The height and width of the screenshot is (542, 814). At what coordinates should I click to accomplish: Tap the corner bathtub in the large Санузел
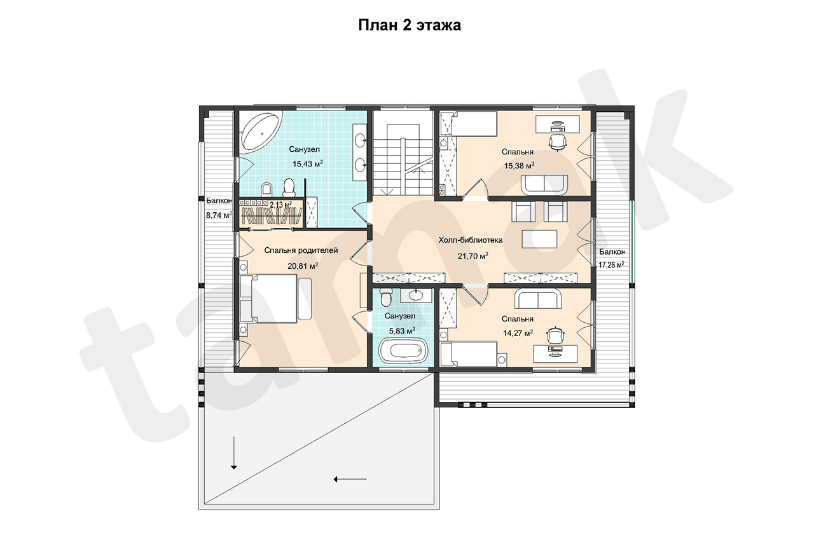[261, 132]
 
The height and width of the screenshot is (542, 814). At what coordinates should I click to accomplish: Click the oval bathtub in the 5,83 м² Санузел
[403, 350]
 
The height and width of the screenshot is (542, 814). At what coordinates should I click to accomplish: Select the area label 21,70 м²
[473, 256]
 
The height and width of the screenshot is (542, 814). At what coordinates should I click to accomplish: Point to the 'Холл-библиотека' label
[470, 240]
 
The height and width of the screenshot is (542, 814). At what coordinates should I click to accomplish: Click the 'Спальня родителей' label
[301, 250]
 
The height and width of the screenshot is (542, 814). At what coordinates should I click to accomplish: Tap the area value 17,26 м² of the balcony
[611, 265]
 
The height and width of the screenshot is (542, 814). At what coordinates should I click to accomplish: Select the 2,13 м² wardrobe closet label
[280, 205]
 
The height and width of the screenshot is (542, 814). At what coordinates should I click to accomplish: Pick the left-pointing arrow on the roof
[350, 480]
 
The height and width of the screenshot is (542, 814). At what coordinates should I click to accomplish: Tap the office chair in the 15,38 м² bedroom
[557, 142]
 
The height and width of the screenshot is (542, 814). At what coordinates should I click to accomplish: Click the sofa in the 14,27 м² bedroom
[538, 299]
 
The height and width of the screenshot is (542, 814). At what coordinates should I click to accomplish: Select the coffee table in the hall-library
[539, 239]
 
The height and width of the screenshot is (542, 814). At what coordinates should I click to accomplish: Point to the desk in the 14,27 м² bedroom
[555, 353]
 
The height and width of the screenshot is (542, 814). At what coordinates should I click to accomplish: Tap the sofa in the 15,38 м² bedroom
[544, 185]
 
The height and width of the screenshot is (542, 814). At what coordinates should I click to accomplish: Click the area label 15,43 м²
[308, 164]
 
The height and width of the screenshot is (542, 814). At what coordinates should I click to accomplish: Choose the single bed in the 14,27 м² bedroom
[469, 354]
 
